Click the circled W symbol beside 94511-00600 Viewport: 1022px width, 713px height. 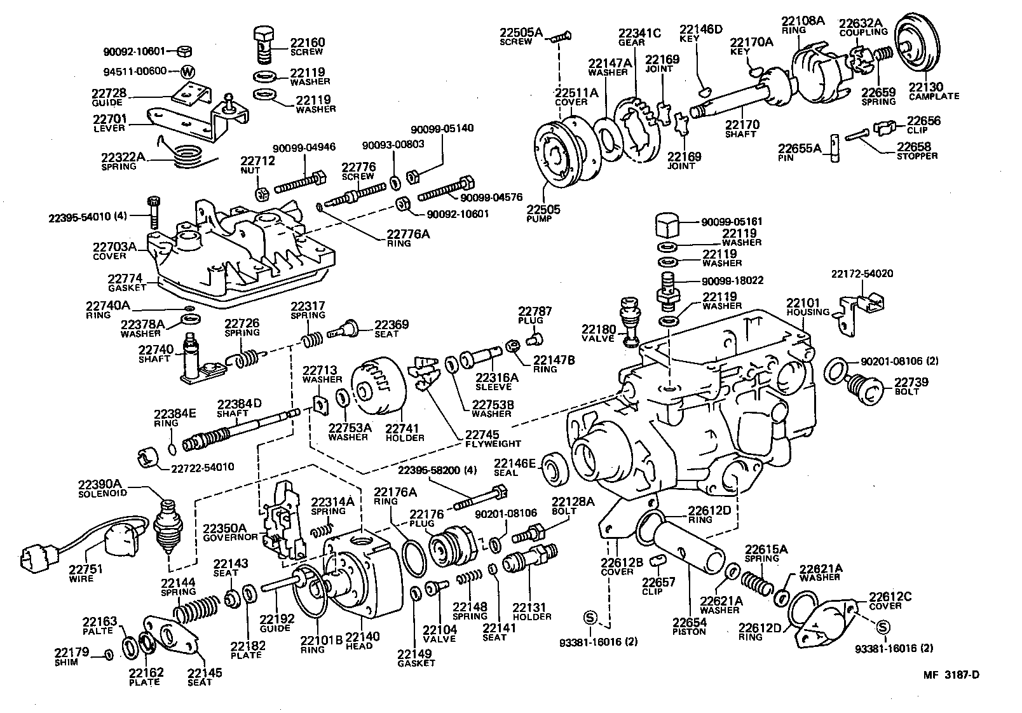[x=187, y=71]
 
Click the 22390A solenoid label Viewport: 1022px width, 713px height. [x=103, y=488]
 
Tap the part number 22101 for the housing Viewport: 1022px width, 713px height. [x=803, y=303]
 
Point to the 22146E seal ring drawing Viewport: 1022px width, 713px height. [x=553, y=471]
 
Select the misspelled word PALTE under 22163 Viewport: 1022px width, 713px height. [x=97, y=630]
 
